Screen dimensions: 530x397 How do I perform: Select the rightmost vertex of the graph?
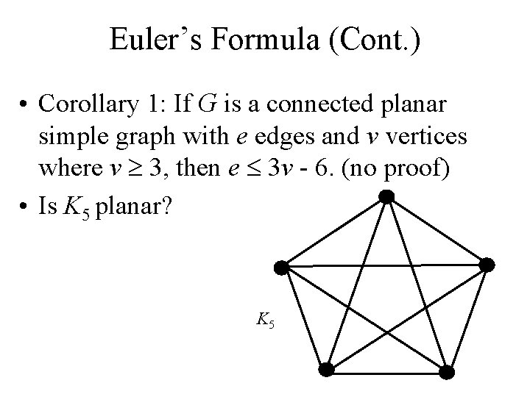(487, 263)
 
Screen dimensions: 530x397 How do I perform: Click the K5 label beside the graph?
(266, 320)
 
